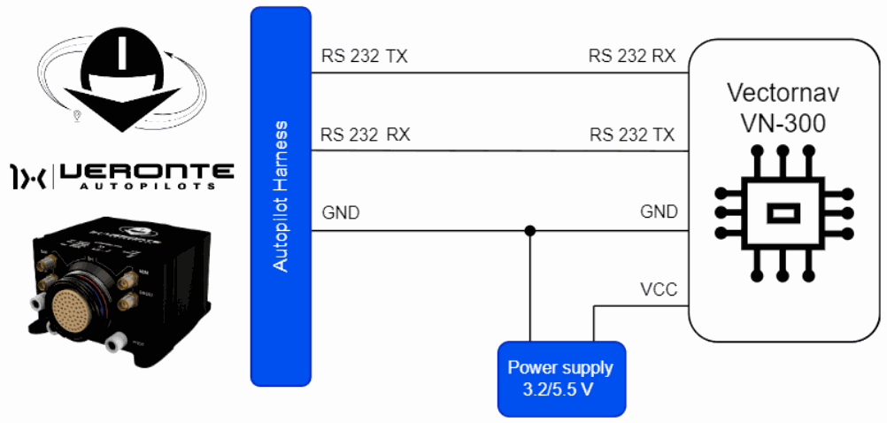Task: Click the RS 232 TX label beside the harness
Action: click(x=364, y=58)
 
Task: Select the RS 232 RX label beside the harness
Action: click(x=365, y=135)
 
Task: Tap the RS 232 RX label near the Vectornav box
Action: click(x=632, y=57)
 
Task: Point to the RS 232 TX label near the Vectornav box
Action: click(x=632, y=135)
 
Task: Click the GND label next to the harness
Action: click(x=341, y=212)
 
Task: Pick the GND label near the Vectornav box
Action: click(x=659, y=212)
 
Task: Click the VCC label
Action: click(x=659, y=289)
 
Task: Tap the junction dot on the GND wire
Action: click(x=529, y=231)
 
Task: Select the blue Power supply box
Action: click(x=560, y=379)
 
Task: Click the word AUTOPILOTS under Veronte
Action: click(x=147, y=188)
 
